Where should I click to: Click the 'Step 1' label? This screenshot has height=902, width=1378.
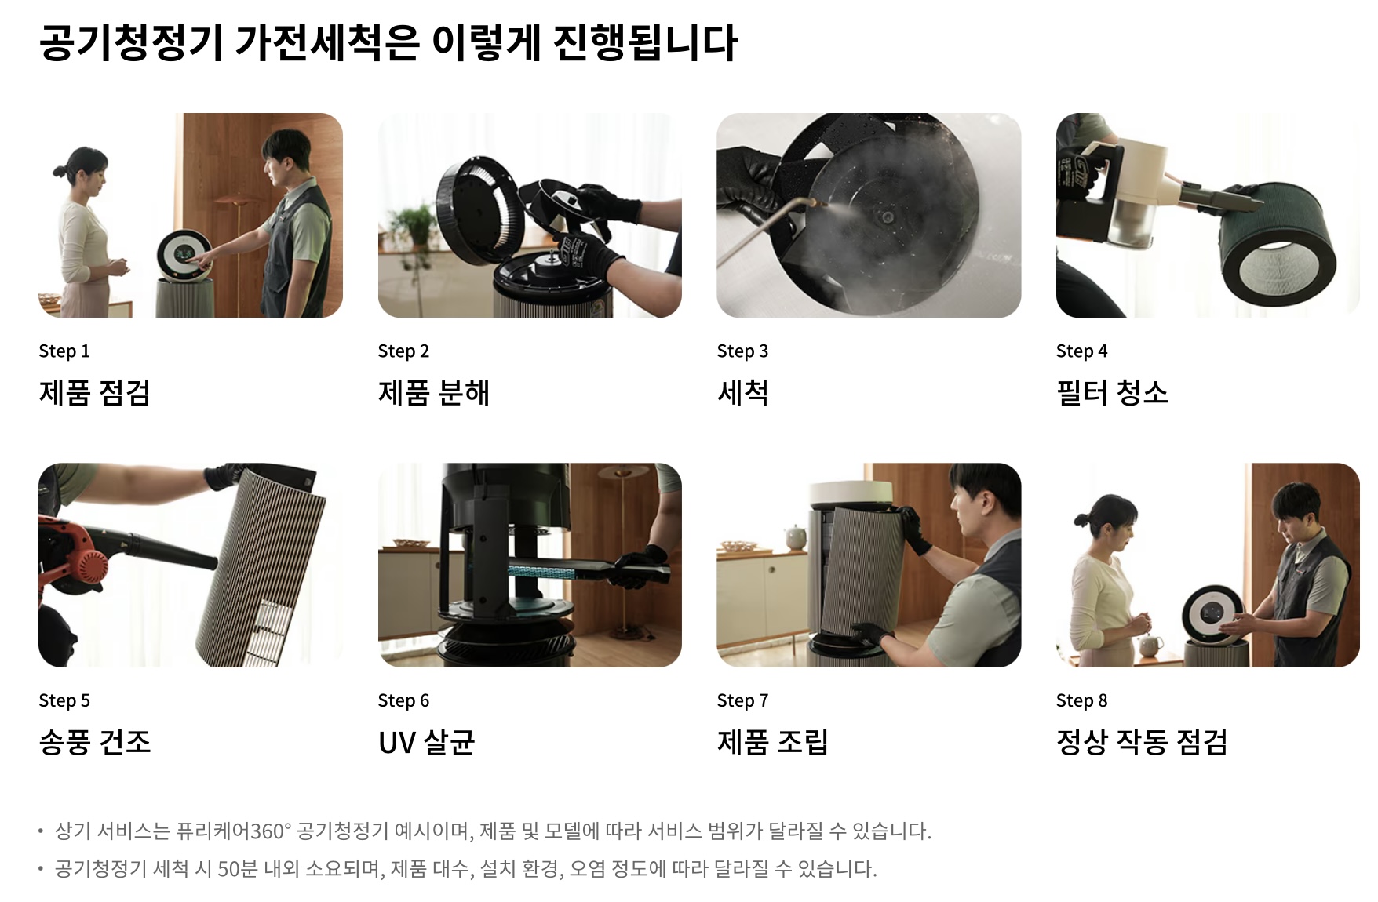coord(64,351)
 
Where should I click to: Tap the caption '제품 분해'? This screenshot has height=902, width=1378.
coord(433,392)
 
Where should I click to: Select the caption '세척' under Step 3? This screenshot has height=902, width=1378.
coord(742,392)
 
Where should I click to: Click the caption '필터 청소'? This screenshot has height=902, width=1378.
coord(1112,392)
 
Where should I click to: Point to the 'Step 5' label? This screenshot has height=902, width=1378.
coord(64,700)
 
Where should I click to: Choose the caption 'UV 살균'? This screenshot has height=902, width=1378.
coord(427,742)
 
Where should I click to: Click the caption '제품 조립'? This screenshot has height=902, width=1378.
coord(773,742)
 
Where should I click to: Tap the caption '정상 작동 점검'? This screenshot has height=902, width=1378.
coord(1142,742)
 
